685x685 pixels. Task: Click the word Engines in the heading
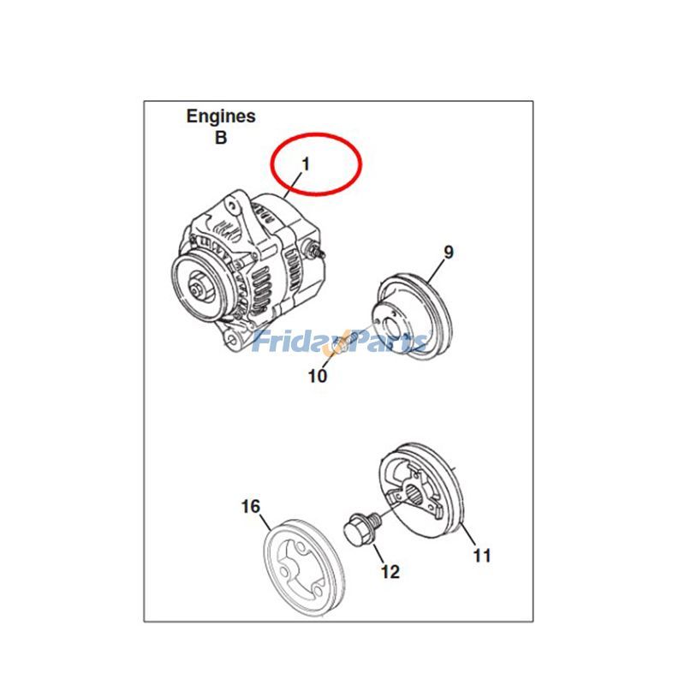click(x=221, y=117)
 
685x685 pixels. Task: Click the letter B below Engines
click(x=221, y=138)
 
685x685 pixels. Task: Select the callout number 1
click(x=304, y=163)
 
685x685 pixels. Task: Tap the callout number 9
click(x=448, y=252)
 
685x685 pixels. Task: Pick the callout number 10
click(x=318, y=375)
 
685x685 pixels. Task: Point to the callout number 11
click(x=482, y=556)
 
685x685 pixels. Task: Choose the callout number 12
click(x=390, y=572)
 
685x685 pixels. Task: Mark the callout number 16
click(x=250, y=507)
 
